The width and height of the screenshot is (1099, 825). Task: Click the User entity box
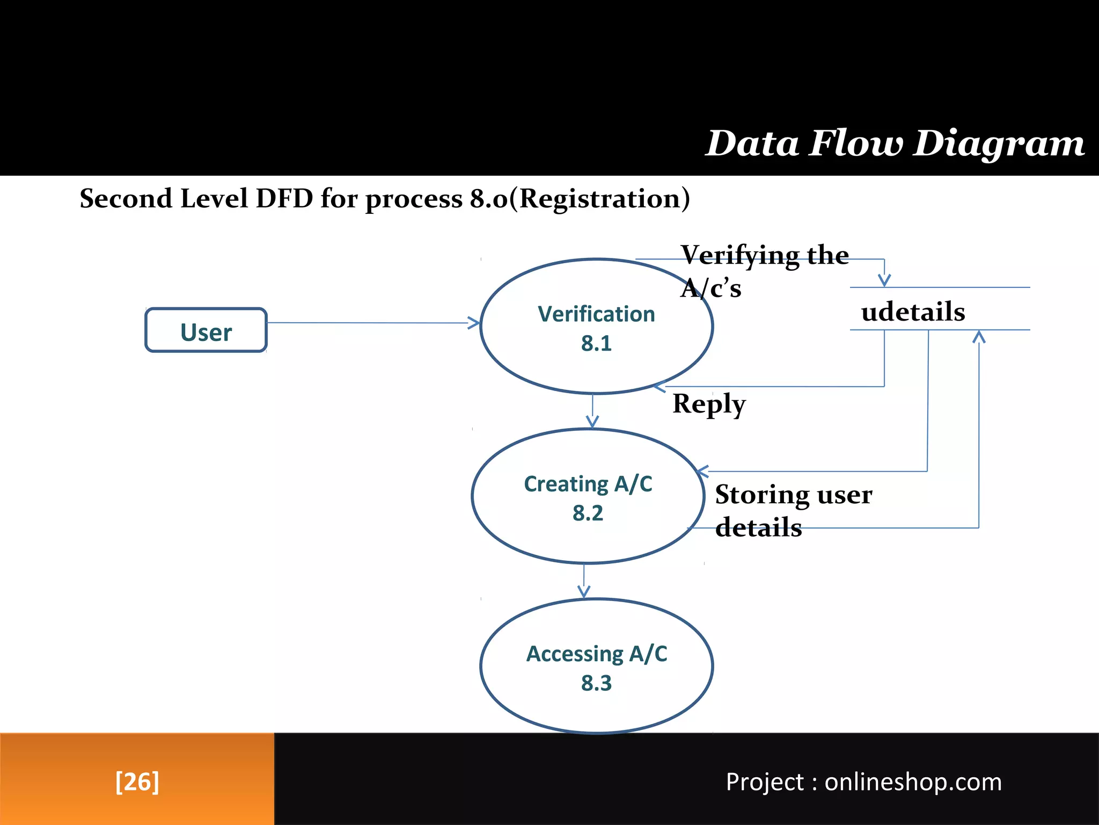206,330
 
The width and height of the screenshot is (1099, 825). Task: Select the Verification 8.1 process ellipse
596,327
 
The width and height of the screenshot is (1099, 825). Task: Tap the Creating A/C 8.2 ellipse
588,496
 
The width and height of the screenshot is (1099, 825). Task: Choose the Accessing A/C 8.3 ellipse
596,666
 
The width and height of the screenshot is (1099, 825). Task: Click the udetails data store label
913,312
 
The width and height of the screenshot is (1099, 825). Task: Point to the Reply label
709,404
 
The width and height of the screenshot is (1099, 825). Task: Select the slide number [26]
137,781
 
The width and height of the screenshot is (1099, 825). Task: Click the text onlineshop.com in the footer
913,782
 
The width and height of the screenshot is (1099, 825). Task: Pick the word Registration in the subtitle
600,199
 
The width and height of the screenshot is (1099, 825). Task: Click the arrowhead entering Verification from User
474,323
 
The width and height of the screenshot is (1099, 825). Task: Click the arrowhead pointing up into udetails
979,337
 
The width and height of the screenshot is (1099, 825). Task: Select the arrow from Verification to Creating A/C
592,411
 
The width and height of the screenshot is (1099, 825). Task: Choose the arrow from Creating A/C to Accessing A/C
584,581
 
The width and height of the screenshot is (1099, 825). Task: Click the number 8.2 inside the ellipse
588,513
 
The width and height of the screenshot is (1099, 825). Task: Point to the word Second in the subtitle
126,199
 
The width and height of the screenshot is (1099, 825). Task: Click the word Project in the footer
765,782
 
